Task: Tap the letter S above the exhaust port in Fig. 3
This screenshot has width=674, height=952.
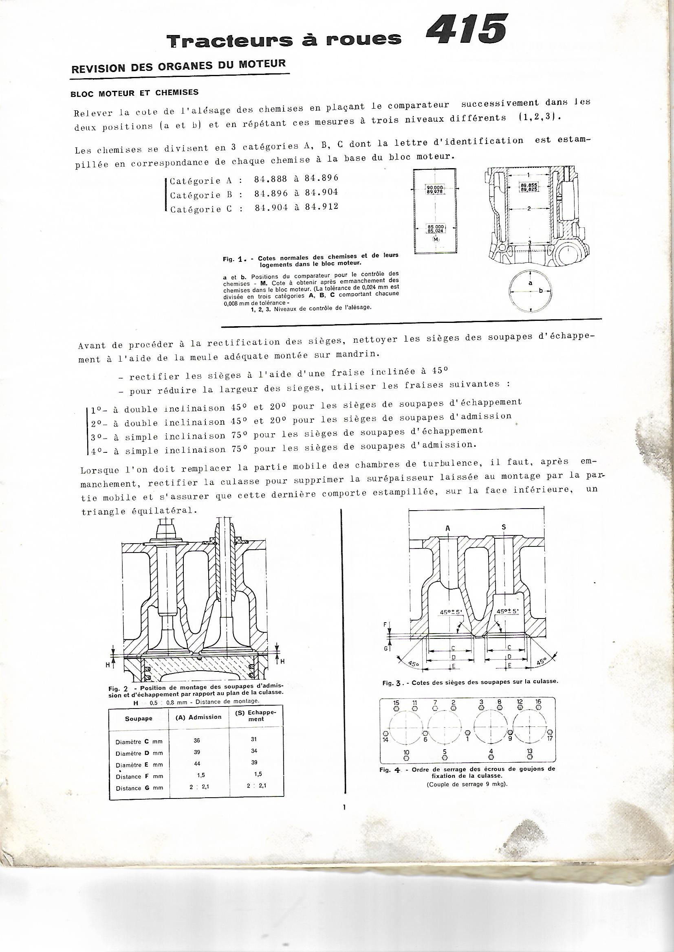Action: click(x=504, y=527)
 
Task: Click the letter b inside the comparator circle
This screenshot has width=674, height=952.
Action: click(x=540, y=291)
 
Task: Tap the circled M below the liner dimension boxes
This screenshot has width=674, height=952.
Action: click(x=436, y=240)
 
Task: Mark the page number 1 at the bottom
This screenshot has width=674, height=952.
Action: click(x=344, y=818)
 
